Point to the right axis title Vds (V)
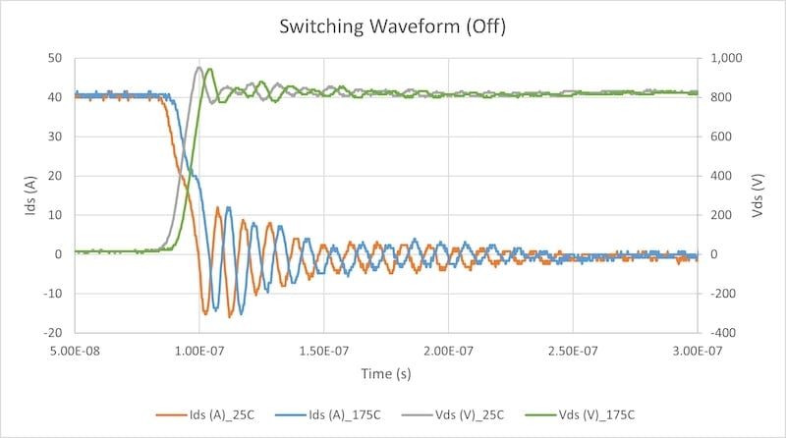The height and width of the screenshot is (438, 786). (758, 195)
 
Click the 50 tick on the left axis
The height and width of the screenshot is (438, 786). (56, 58)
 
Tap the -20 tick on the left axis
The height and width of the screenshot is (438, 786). (54, 333)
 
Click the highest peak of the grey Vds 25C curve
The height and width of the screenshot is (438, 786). (198, 67)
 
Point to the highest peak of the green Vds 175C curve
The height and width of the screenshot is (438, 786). (209, 69)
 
